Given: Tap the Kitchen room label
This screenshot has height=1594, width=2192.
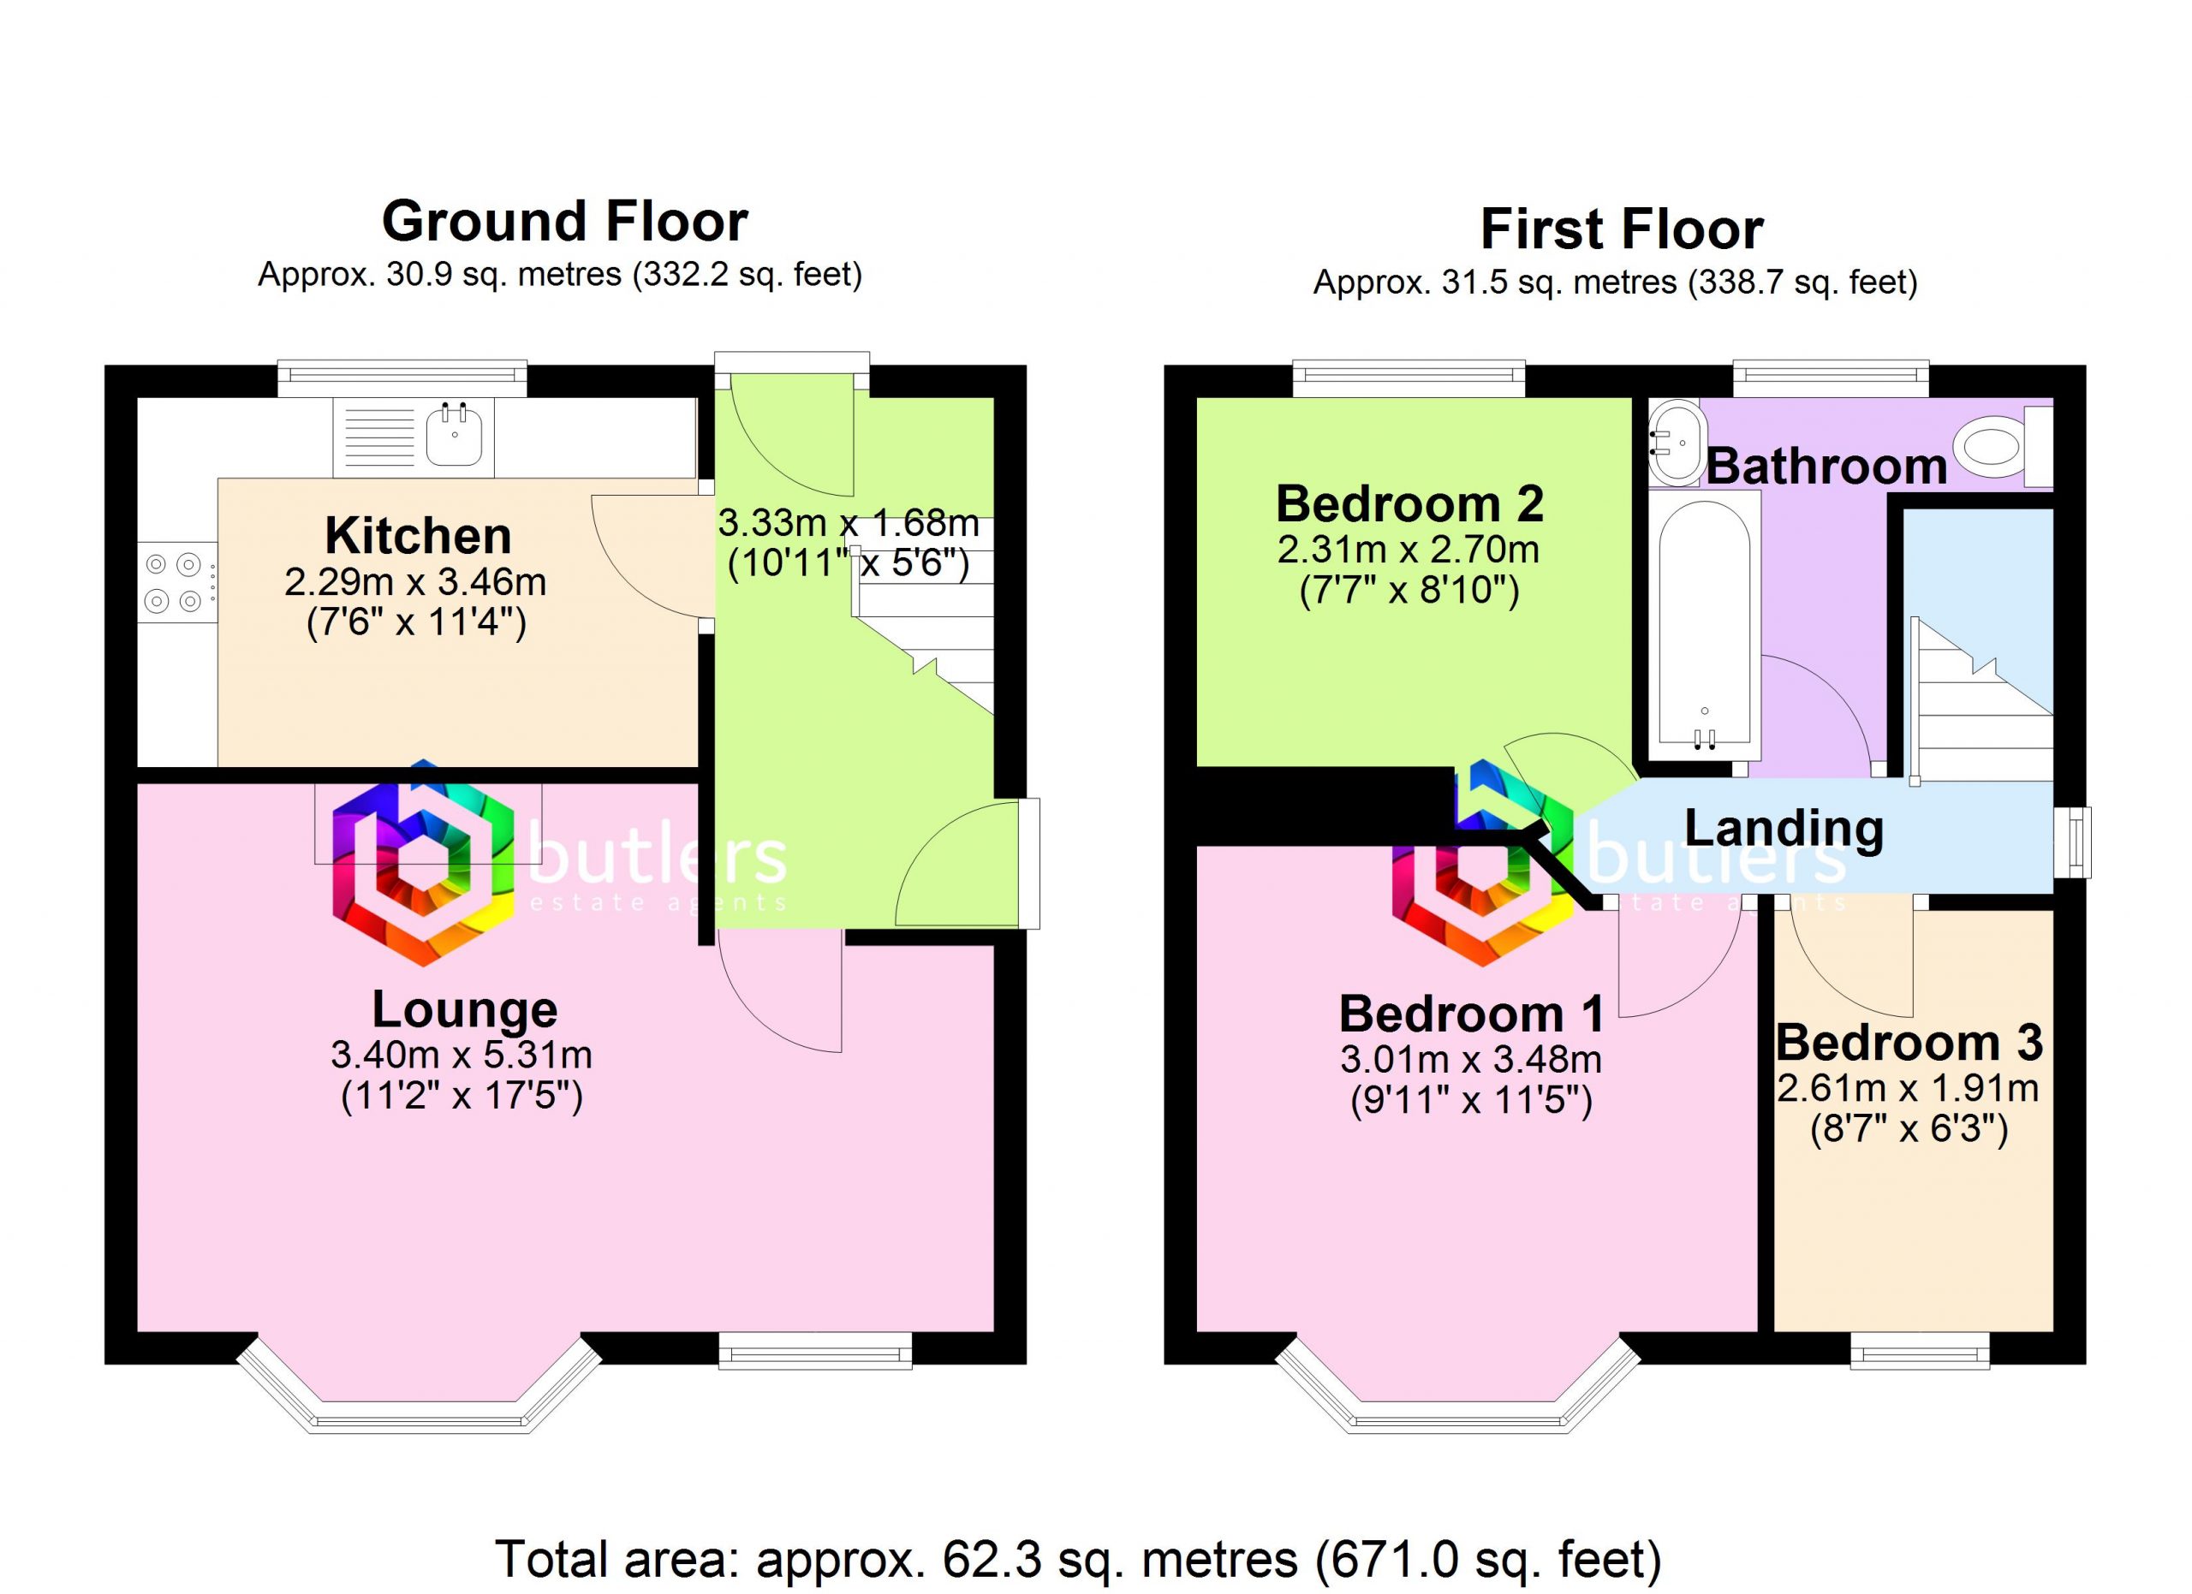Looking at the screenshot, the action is [x=418, y=535].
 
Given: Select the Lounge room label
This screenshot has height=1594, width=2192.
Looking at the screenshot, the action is [x=465, y=1009].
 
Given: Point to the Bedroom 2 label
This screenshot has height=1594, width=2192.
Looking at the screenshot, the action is [x=1410, y=503].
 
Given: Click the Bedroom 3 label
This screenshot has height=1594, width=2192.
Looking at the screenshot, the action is [x=1909, y=1043].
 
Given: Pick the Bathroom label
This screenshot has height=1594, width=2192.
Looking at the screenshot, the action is [x=1826, y=467].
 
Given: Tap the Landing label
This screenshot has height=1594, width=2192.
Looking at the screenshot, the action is [x=1784, y=828].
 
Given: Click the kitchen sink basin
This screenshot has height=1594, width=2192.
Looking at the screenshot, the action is [x=455, y=436].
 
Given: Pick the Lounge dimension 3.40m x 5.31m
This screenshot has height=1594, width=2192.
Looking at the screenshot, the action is [x=462, y=1055].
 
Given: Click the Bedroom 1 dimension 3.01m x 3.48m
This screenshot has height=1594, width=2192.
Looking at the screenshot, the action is [x=1471, y=1060].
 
